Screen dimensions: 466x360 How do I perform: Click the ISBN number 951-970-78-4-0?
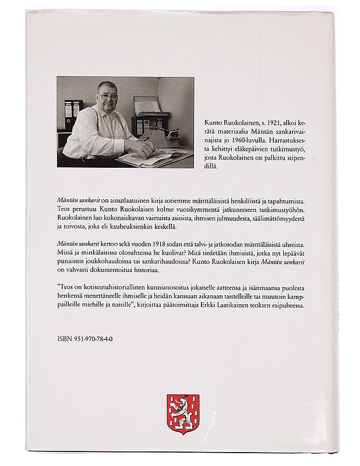[x=85, y=337]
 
